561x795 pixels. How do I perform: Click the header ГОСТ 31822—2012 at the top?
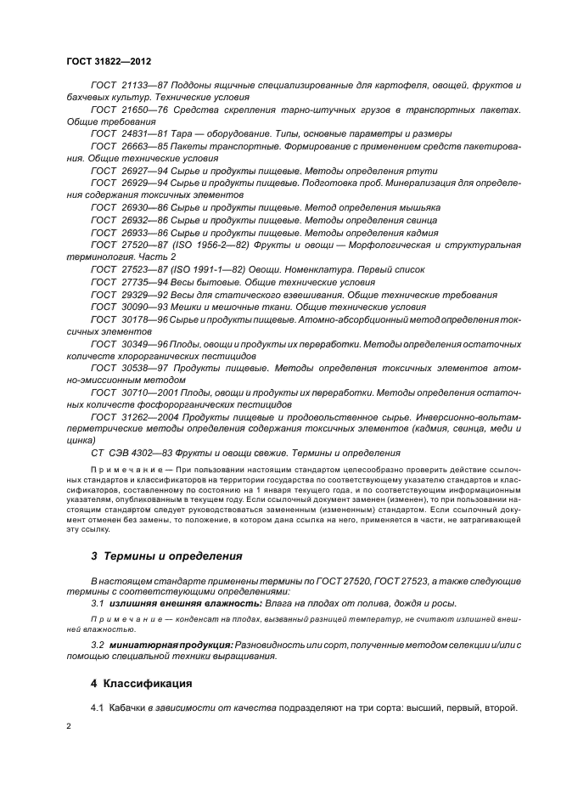click(109, 61)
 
